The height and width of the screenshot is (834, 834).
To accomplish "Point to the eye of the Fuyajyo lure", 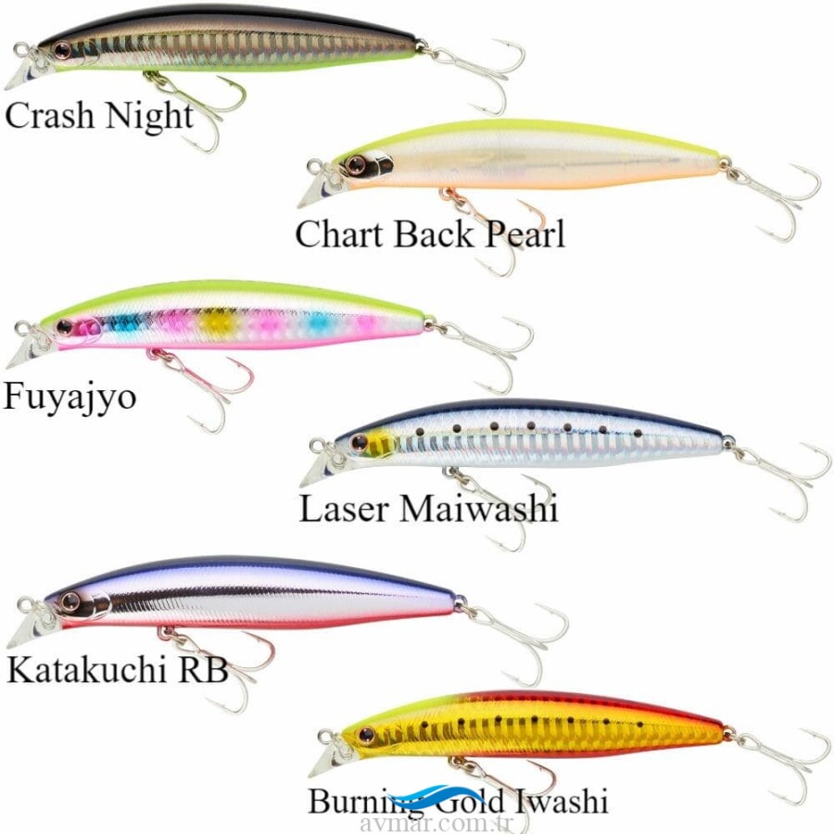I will coord(64,327).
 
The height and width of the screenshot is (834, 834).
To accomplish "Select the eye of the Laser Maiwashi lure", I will coord(359,442).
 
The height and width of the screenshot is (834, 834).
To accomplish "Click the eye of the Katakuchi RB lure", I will coord(69,602).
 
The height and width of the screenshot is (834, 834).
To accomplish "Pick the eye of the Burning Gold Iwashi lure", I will coord(366,735).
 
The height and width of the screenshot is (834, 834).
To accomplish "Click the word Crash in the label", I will coord(50,116).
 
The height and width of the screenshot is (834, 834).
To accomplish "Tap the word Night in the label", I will coord(148,118).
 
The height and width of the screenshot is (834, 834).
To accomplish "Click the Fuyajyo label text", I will coord(70,397).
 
